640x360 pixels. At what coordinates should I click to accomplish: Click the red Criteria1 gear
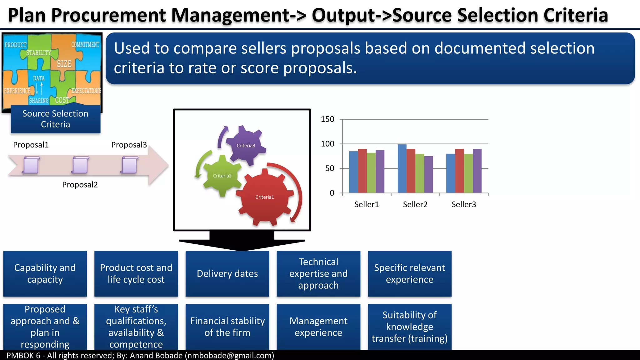[264, 197]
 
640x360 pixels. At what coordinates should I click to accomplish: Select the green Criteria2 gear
[222, 176]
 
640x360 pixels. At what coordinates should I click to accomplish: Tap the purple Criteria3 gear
[246, 145]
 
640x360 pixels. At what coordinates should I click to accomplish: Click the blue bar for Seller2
[402, 169]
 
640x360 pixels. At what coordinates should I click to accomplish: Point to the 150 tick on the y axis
[327, 119]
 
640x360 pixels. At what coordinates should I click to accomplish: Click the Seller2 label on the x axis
[415, 204]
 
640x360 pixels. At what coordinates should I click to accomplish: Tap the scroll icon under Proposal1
[31, 165]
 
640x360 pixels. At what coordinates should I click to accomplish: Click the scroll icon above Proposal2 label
[80, 165]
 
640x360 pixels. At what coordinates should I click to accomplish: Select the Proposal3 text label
[129, 145]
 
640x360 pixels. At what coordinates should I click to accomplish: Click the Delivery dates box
[227, 273]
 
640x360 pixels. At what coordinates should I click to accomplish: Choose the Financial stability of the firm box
[227, 327]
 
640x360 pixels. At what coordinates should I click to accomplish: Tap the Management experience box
[318, 327]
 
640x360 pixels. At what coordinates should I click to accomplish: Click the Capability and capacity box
[45, 273]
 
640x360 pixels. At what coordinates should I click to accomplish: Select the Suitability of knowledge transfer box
[409, 327]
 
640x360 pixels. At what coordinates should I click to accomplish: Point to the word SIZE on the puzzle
[64, 64]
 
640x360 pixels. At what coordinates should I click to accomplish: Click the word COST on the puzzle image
[62, 100]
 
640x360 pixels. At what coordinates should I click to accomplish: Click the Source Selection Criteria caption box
[55, 119]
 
